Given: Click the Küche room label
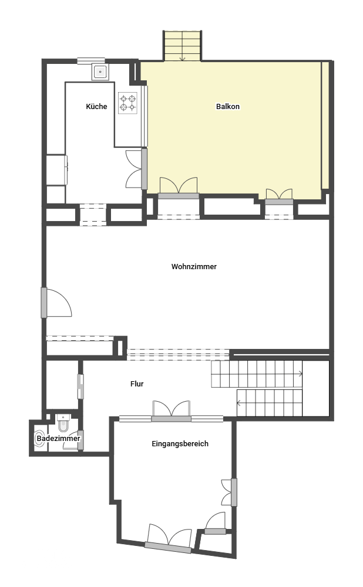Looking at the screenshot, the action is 96,106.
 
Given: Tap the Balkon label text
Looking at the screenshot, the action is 228,106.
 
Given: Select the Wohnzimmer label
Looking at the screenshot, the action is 194,267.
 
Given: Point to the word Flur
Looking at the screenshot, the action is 137,384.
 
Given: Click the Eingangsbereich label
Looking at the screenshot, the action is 180,443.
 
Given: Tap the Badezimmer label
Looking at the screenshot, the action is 59,439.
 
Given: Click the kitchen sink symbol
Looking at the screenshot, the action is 100,72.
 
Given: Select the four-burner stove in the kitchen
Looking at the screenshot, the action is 127,103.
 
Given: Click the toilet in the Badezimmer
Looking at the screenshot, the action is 64,423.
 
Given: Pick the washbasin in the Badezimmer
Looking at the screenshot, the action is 39,439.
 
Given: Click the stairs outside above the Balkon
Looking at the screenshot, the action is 182,46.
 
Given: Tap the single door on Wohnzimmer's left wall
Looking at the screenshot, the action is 56,303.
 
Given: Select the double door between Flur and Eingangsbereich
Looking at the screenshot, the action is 172,411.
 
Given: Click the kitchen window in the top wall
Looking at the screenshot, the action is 91,60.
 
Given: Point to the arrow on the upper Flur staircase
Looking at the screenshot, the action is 257,374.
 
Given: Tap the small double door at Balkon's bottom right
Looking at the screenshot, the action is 279,196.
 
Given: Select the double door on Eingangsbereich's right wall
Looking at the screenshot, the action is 230,492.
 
